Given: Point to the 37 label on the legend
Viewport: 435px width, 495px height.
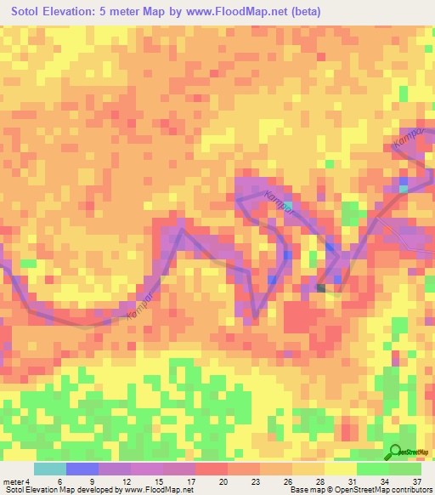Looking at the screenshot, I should (416, 481).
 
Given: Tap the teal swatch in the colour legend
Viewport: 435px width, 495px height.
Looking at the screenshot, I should (50, 469).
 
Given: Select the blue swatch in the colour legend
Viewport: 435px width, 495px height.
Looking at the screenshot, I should (82, 469).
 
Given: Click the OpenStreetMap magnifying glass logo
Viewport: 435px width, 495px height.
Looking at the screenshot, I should (395, 453).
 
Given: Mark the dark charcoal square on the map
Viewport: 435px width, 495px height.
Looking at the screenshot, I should (321, 287).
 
